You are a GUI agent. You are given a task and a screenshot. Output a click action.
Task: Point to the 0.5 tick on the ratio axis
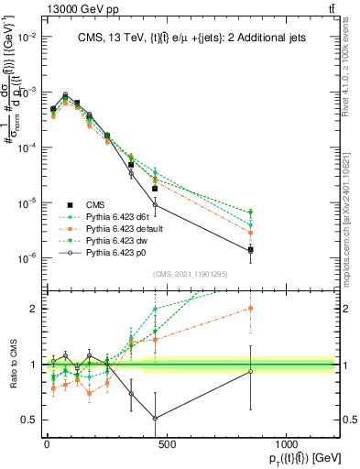coord(30,420)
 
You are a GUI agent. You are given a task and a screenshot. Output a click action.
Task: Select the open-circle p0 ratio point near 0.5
coord(155,418)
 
